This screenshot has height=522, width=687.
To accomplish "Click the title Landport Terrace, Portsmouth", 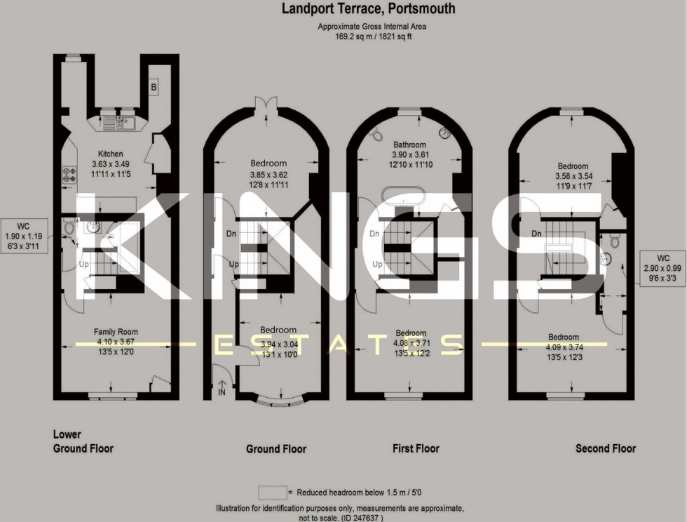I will (368, 9).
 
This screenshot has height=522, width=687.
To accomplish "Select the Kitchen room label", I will (111, 154).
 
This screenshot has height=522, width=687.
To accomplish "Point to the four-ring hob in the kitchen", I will (69, 173).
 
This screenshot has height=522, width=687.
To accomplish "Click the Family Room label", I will (116, 332).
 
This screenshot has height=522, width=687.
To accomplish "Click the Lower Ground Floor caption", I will (83, 441).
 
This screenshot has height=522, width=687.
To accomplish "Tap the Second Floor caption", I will (606, 448).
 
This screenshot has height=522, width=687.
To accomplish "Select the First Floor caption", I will (416, 448).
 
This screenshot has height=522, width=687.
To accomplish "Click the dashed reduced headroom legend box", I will (272, 492).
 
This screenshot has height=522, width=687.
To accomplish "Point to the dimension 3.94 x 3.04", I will (278, 344).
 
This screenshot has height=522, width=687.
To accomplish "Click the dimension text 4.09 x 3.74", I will (564, 346).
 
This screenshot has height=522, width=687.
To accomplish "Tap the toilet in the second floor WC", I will (615, 241).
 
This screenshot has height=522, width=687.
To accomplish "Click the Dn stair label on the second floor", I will (537, 234).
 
